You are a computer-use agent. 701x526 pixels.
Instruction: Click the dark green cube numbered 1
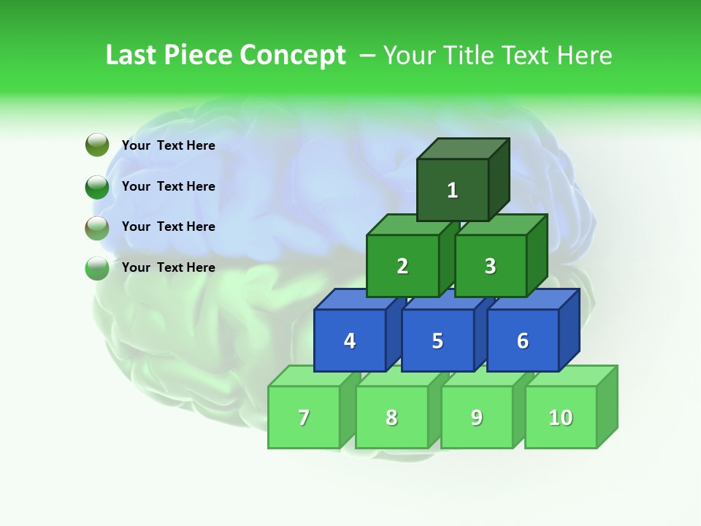(x=452, y=190)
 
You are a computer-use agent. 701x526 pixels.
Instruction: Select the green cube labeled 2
(x=402, y=266)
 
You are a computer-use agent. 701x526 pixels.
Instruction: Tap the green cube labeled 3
(x=490, y=266)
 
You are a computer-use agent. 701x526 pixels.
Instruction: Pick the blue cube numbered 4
(x=350, y=340)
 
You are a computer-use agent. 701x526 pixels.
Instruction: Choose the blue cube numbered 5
(x=437, y=340)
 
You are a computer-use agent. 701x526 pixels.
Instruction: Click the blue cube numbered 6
(x=522, y=340)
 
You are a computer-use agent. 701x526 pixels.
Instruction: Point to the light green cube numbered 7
(x=304, y=417)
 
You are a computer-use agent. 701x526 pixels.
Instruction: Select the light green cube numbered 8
(x=391, y=417)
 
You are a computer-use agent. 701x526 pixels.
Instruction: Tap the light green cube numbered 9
(x=476, y=417)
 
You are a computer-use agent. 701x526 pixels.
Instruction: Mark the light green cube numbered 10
(x=560, y=417)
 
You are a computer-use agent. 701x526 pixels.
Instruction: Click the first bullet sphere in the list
(x=97, y=145)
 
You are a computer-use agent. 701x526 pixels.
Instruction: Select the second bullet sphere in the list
(x=97, y=186)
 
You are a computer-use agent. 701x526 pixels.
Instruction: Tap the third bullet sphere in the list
(x=97, y=227)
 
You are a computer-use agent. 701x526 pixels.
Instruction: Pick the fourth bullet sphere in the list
(x=97, y=268)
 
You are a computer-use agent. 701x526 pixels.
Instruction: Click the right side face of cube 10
(x=607, y=406)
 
